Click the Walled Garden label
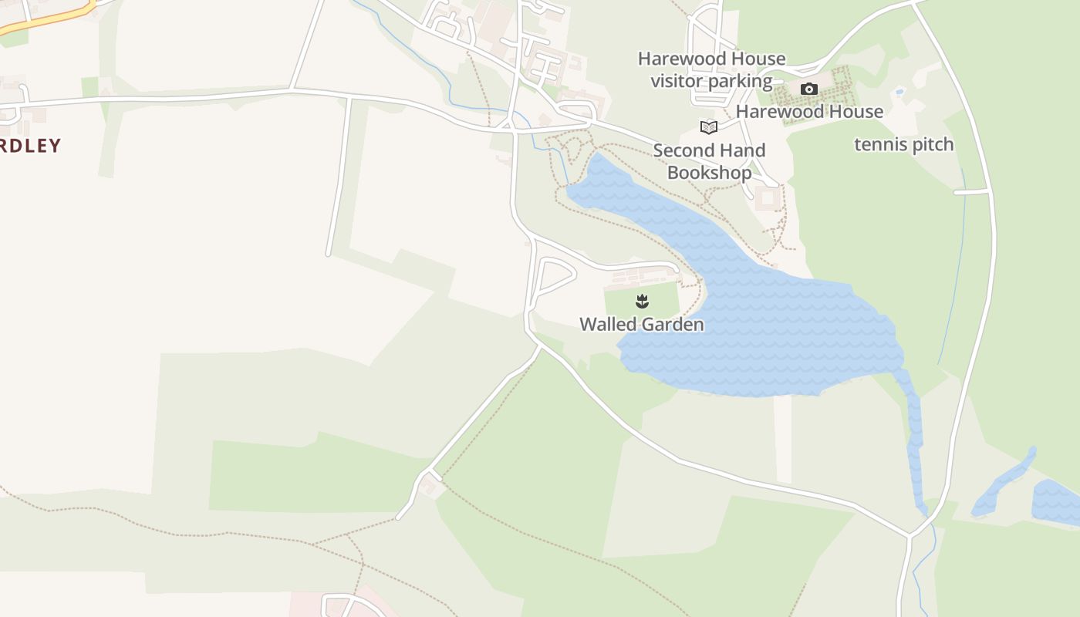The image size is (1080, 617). [x=641, y=325]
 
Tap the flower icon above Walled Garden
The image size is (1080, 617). [x=642, y=301]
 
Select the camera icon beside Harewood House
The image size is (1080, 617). [x=808, y=89]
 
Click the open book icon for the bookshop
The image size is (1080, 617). [x=708, y=127]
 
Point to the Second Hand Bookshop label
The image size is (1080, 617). [x=709, y=161]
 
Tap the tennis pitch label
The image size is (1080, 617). [x=903, y=145]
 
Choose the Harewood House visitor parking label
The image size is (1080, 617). [x=711, y=69]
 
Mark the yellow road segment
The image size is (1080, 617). [x=46, y=22]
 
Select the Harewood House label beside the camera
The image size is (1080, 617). [x=809, y=112]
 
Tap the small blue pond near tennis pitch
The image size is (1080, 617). [x=899, y=92]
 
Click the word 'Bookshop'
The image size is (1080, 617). [x=709, y=173]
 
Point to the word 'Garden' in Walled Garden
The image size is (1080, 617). [x=673, y=325]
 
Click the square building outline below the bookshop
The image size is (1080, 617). [x=768, y=197]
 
